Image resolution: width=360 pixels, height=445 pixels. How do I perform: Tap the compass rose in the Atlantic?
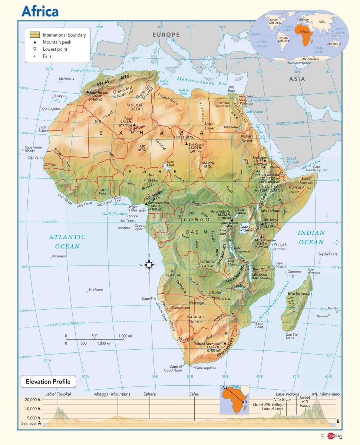tap(149, 265)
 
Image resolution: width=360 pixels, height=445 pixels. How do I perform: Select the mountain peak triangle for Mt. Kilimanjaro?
tap(261, 236)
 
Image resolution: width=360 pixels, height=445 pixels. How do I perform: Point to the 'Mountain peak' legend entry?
tap(57, 42)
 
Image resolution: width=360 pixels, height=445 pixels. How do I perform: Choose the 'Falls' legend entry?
tap(47, 56)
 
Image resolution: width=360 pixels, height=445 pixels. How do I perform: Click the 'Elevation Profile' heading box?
tap(48, 381)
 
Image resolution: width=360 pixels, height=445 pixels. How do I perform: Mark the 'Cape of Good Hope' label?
tap(173, 368)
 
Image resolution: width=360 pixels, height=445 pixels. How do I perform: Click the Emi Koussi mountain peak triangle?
tap(186, 143)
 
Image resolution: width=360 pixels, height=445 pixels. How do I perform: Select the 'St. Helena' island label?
tap(96, 290)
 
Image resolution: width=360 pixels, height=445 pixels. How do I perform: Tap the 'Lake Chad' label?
tap(170, 163)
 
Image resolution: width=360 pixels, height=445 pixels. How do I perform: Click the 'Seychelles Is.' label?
tap(328, 254)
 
